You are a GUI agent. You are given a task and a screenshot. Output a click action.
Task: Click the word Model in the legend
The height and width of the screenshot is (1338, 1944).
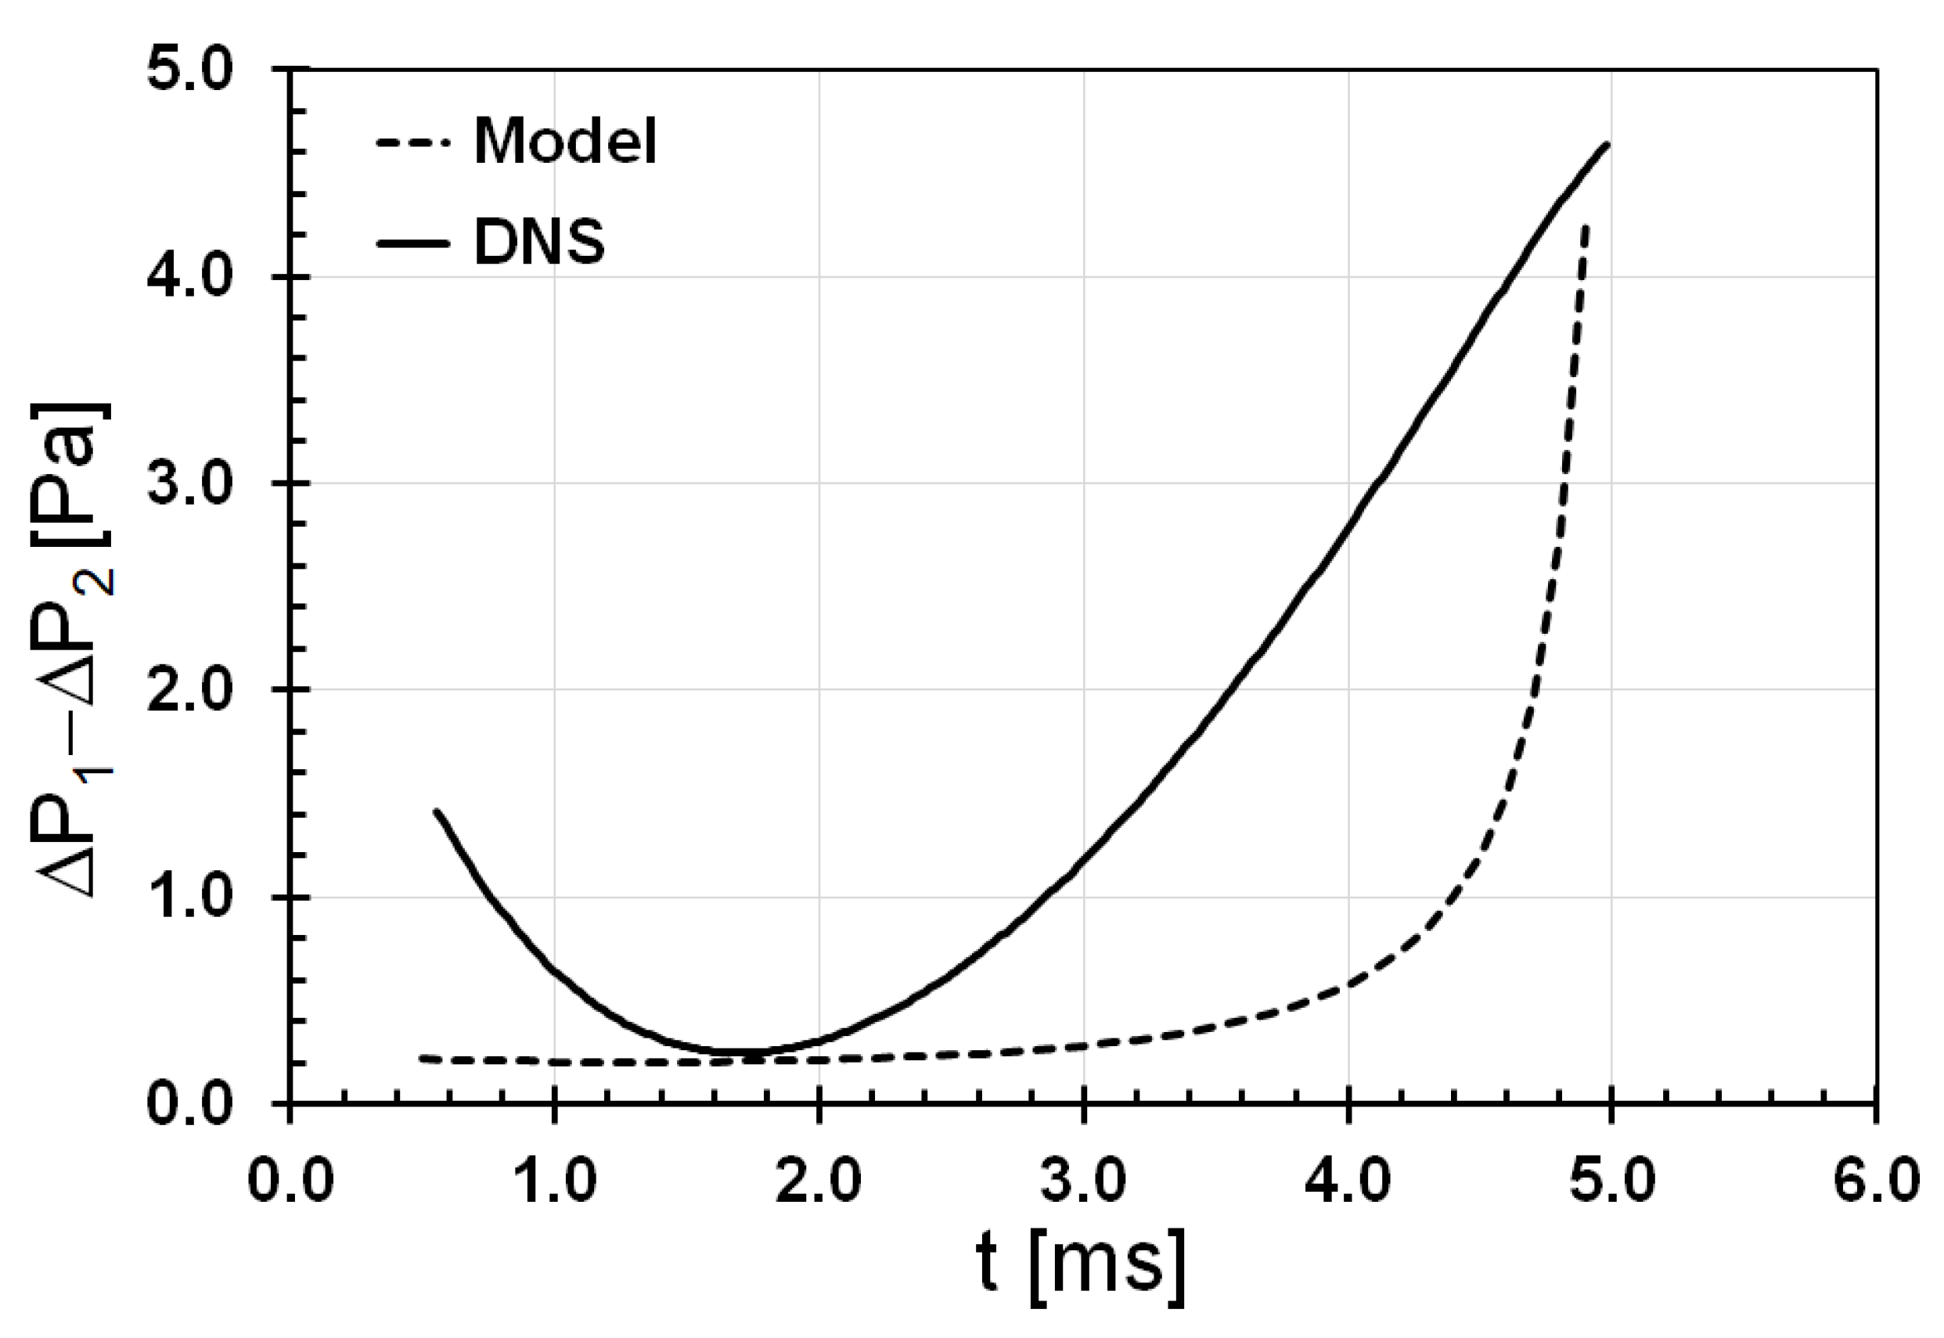566,142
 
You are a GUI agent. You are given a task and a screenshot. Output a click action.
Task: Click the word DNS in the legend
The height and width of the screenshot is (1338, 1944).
539,243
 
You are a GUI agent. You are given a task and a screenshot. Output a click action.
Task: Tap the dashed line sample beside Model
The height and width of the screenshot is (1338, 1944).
413,142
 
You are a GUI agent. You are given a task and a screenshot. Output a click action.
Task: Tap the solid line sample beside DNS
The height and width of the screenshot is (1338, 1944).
413,243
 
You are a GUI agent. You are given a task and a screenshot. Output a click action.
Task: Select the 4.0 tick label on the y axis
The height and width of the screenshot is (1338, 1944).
189,277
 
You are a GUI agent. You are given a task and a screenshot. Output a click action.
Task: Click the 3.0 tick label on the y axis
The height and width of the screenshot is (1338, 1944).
189,484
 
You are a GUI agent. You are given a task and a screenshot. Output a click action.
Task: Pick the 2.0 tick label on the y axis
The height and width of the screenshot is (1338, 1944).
189,690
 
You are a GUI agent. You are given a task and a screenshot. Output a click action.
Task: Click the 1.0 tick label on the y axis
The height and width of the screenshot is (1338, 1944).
189,897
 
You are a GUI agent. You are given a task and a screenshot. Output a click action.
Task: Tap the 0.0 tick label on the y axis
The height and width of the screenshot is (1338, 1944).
189,1103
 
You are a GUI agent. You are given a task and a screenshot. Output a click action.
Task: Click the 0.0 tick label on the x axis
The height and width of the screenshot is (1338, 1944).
290,1183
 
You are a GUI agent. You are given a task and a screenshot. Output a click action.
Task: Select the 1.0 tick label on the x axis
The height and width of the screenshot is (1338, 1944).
554,1183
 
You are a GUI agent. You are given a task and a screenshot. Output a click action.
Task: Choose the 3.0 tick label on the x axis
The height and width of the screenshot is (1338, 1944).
1084,1183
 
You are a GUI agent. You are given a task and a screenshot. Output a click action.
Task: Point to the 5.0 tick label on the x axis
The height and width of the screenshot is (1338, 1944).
1612,1183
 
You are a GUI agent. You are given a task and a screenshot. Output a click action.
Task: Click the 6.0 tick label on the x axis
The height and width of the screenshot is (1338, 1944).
1875,1183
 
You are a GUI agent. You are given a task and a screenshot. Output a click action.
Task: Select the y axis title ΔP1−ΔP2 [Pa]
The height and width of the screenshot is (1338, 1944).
74,649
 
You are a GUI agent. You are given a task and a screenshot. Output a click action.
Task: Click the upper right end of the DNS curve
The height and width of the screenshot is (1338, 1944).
1607,145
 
